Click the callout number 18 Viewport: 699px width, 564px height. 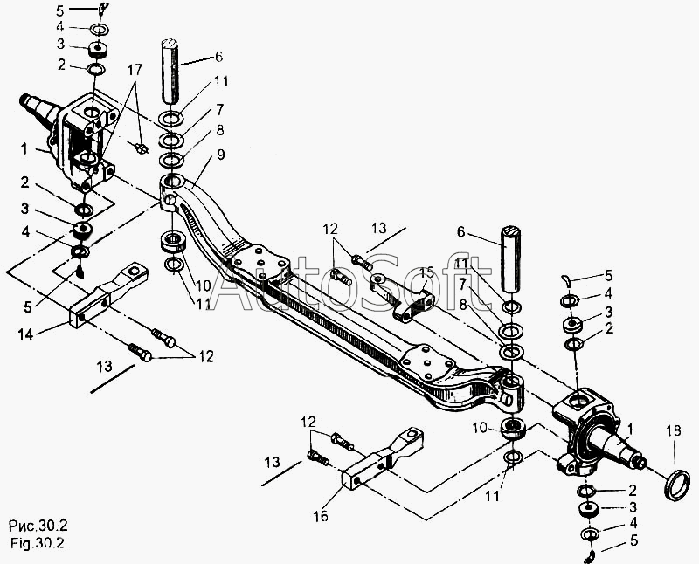pyautogui.click(x=674, y=430)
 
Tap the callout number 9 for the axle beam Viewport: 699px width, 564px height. pyautogui.click(x=221, y=155)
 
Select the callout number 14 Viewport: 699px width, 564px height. pyautogui.click(x=25, y=334)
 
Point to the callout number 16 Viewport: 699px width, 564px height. pyautogui.click(x=320, y=516)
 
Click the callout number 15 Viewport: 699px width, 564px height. pyautogui.click(x=426, y=272)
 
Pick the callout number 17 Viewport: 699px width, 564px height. pyautogui.click(x=135, y=70)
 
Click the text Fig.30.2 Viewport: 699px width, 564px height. pyautogui.click(x=38, y=544)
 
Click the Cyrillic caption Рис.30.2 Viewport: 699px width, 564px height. pyautogui.click(x=38, y=526)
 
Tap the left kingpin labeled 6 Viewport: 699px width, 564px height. pyautogui.click(x=170, y=71)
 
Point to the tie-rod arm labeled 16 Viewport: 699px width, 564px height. pyautogui.click(x=383, y=459)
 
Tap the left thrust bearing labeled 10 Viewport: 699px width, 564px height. pyautogui.click(x=173, y=242)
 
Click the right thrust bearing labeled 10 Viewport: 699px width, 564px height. pyautogui.click(x=514, y=428)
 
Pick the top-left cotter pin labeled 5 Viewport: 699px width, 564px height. pyautogui.click(x=103, y=8)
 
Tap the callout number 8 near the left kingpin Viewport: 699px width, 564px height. pyautogui.click(x=220, y=130)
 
